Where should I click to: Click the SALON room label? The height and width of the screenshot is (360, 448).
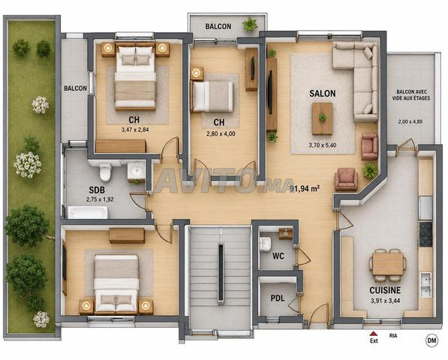coord(323,93)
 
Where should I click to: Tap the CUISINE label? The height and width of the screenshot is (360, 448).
coord(385,290)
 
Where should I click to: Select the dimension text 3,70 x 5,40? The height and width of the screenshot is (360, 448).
coord(323,145)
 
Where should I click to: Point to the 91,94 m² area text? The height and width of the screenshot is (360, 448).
coord(305,188)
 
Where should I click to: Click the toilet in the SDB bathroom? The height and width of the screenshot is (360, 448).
coord(105,172)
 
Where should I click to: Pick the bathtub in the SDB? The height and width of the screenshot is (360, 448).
coord(88,212)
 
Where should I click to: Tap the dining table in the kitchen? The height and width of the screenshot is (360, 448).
coord(388,264)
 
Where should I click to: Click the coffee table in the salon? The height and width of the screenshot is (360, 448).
coord(322,118)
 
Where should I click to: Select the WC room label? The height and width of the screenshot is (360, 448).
coord(278,256)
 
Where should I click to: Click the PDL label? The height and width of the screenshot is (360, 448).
coord(278,298)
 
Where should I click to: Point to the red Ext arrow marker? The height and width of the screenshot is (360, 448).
coord(374,334)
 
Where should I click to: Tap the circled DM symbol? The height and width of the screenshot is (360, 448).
coord(431,340)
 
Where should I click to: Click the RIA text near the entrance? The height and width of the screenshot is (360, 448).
coord(393,336)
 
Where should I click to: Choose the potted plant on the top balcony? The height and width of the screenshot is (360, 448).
coord(251,24)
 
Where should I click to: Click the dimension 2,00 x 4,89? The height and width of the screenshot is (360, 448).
coord(410,121)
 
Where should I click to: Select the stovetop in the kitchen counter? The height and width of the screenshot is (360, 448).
coord(425,235)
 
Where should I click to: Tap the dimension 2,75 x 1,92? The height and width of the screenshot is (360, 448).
coord(100,199)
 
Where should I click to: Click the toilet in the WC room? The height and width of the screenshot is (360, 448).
coord(265,244)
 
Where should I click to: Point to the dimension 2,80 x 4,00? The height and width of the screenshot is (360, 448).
coord(221,133)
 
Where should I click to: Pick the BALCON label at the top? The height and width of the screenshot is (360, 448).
coord(218,26)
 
